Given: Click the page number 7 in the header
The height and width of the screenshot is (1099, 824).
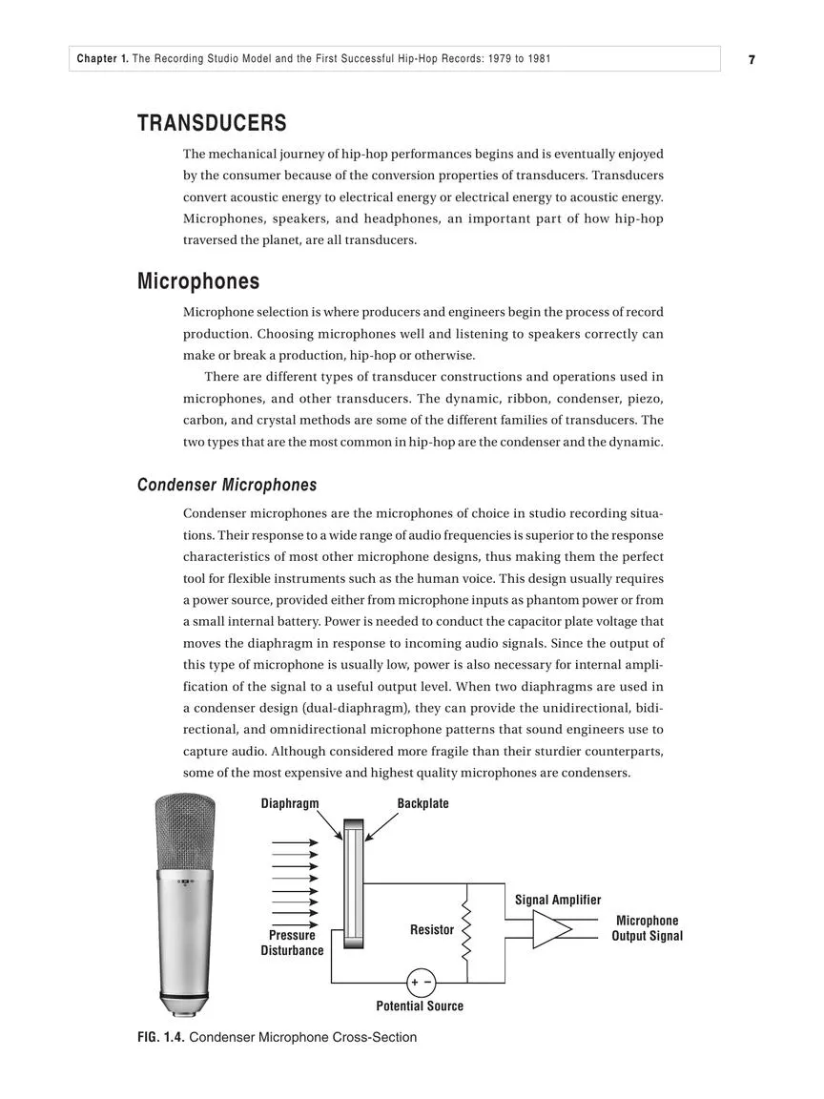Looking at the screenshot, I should pyautogui.click(x=752, y=59).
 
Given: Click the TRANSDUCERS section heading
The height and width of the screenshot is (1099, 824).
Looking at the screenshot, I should pyautogui.click(x=212, y=123).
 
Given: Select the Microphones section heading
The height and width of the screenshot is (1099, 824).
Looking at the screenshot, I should pyautogui.click(x=198, y=281).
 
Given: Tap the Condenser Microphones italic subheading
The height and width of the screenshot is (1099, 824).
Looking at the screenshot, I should pyautogui.click(x=227, y=485).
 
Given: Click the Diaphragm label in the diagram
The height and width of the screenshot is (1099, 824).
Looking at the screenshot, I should pyautogui.click(x=290, y=803).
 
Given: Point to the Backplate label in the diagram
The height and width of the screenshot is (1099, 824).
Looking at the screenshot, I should pyautogui.click(x=422, y=803).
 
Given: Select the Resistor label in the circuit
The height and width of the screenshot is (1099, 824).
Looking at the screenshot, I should pyautogui.click(x=432, y=929).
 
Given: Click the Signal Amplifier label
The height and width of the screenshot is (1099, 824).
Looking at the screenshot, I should pyautogui.click(x=558, y=900).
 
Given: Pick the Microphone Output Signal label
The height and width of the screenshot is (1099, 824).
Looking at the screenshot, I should pyautogui.click(x=647, y=928).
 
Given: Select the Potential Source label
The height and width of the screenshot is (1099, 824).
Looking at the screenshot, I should pyautogui.click(x=420, y=1006).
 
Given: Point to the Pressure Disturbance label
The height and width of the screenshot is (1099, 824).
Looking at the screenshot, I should pyautogui.click(x=292, y=943).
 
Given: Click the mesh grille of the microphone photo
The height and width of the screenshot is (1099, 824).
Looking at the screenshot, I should pyautogui.click(x=186, y=830).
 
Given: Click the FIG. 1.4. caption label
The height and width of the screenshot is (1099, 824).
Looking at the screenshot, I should pyautogui.click(x=161, y=1037).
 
